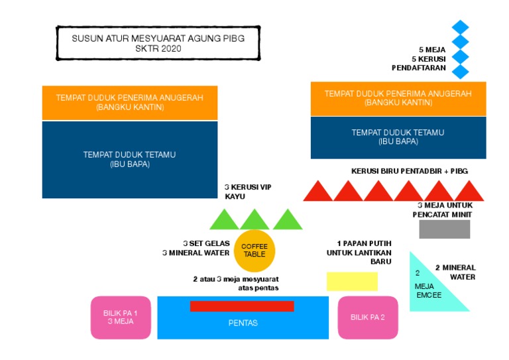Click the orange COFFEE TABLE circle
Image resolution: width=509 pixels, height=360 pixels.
[254, 251]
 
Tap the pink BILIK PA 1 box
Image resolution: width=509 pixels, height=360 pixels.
[121, 318]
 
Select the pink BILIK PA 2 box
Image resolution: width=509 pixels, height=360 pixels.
[368, 318]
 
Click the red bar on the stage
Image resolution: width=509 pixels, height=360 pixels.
[242, 306]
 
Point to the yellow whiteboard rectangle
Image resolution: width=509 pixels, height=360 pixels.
[352, 282]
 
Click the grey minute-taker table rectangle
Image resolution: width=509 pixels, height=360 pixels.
[445, 229]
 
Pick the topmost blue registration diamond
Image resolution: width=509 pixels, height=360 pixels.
[461, 27]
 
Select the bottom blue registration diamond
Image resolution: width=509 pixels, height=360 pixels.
[461, 72]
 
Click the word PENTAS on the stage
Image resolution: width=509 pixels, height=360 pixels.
[243, 323]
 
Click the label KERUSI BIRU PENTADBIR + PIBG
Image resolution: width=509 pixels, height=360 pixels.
[410, 171]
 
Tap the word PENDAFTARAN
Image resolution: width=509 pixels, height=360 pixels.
[419, 68]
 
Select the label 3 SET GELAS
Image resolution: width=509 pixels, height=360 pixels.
[207, 243]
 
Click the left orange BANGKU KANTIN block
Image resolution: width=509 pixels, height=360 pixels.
[130, 103]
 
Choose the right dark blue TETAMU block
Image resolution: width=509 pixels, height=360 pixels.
[398, 138]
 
